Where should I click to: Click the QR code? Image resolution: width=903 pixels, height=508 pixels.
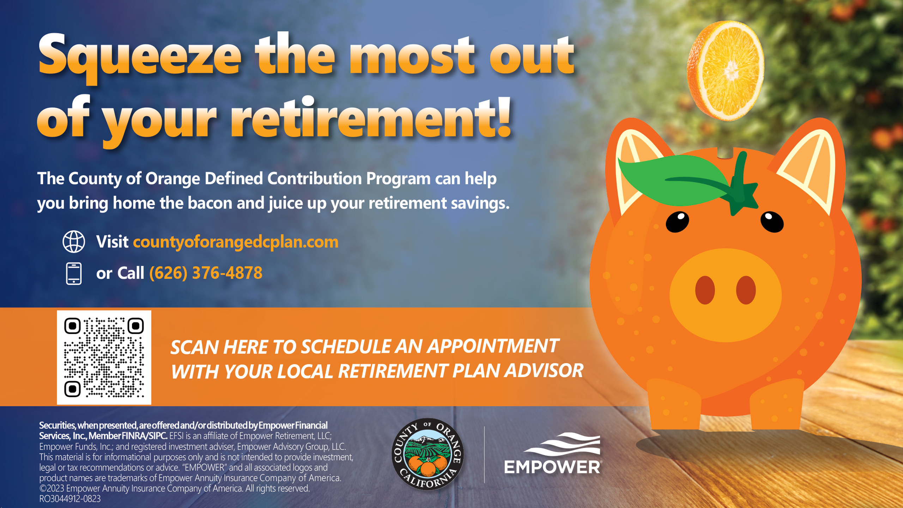[104, 357]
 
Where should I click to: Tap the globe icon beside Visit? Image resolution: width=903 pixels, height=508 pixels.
[74, 242]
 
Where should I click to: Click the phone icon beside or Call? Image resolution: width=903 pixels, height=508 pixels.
[74, 273]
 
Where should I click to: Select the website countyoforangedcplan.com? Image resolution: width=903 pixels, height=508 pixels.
[236, 242]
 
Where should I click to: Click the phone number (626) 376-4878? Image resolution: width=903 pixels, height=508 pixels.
[206, 273]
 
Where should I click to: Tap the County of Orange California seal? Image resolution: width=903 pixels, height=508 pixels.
[428, 454]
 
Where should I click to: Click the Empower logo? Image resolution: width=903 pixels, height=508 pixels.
[553, 454]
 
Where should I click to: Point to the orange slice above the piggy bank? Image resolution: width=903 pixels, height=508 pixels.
[726, 71]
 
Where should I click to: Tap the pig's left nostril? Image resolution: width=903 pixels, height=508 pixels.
[705, 290]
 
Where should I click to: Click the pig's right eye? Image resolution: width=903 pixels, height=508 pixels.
[772, 222]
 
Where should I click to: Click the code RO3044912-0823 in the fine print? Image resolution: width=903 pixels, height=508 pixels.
[70, 499]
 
